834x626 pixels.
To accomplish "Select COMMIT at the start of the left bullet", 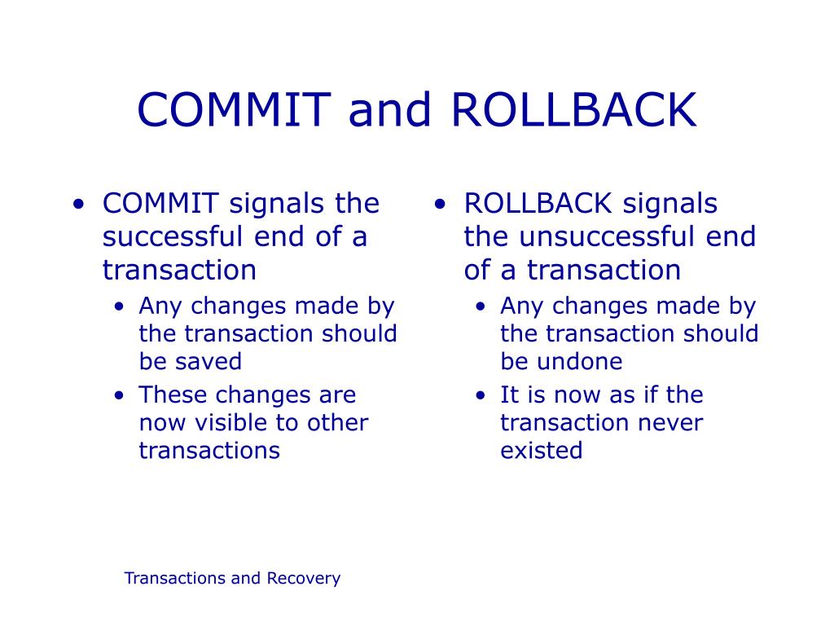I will (x=160, y=204).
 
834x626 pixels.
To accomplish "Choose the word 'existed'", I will (x=542, y=451).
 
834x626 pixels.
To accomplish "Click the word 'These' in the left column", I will (x=168, y=395).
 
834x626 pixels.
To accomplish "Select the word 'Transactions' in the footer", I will (x=174, y=579).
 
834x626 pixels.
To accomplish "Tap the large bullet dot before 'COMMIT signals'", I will (x=78, y=205).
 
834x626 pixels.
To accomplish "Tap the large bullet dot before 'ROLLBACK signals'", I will (x=440, y=205).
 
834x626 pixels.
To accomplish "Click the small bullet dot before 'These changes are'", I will (x=121, y=397).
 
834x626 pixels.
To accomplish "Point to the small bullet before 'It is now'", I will (x=482, y=397).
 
